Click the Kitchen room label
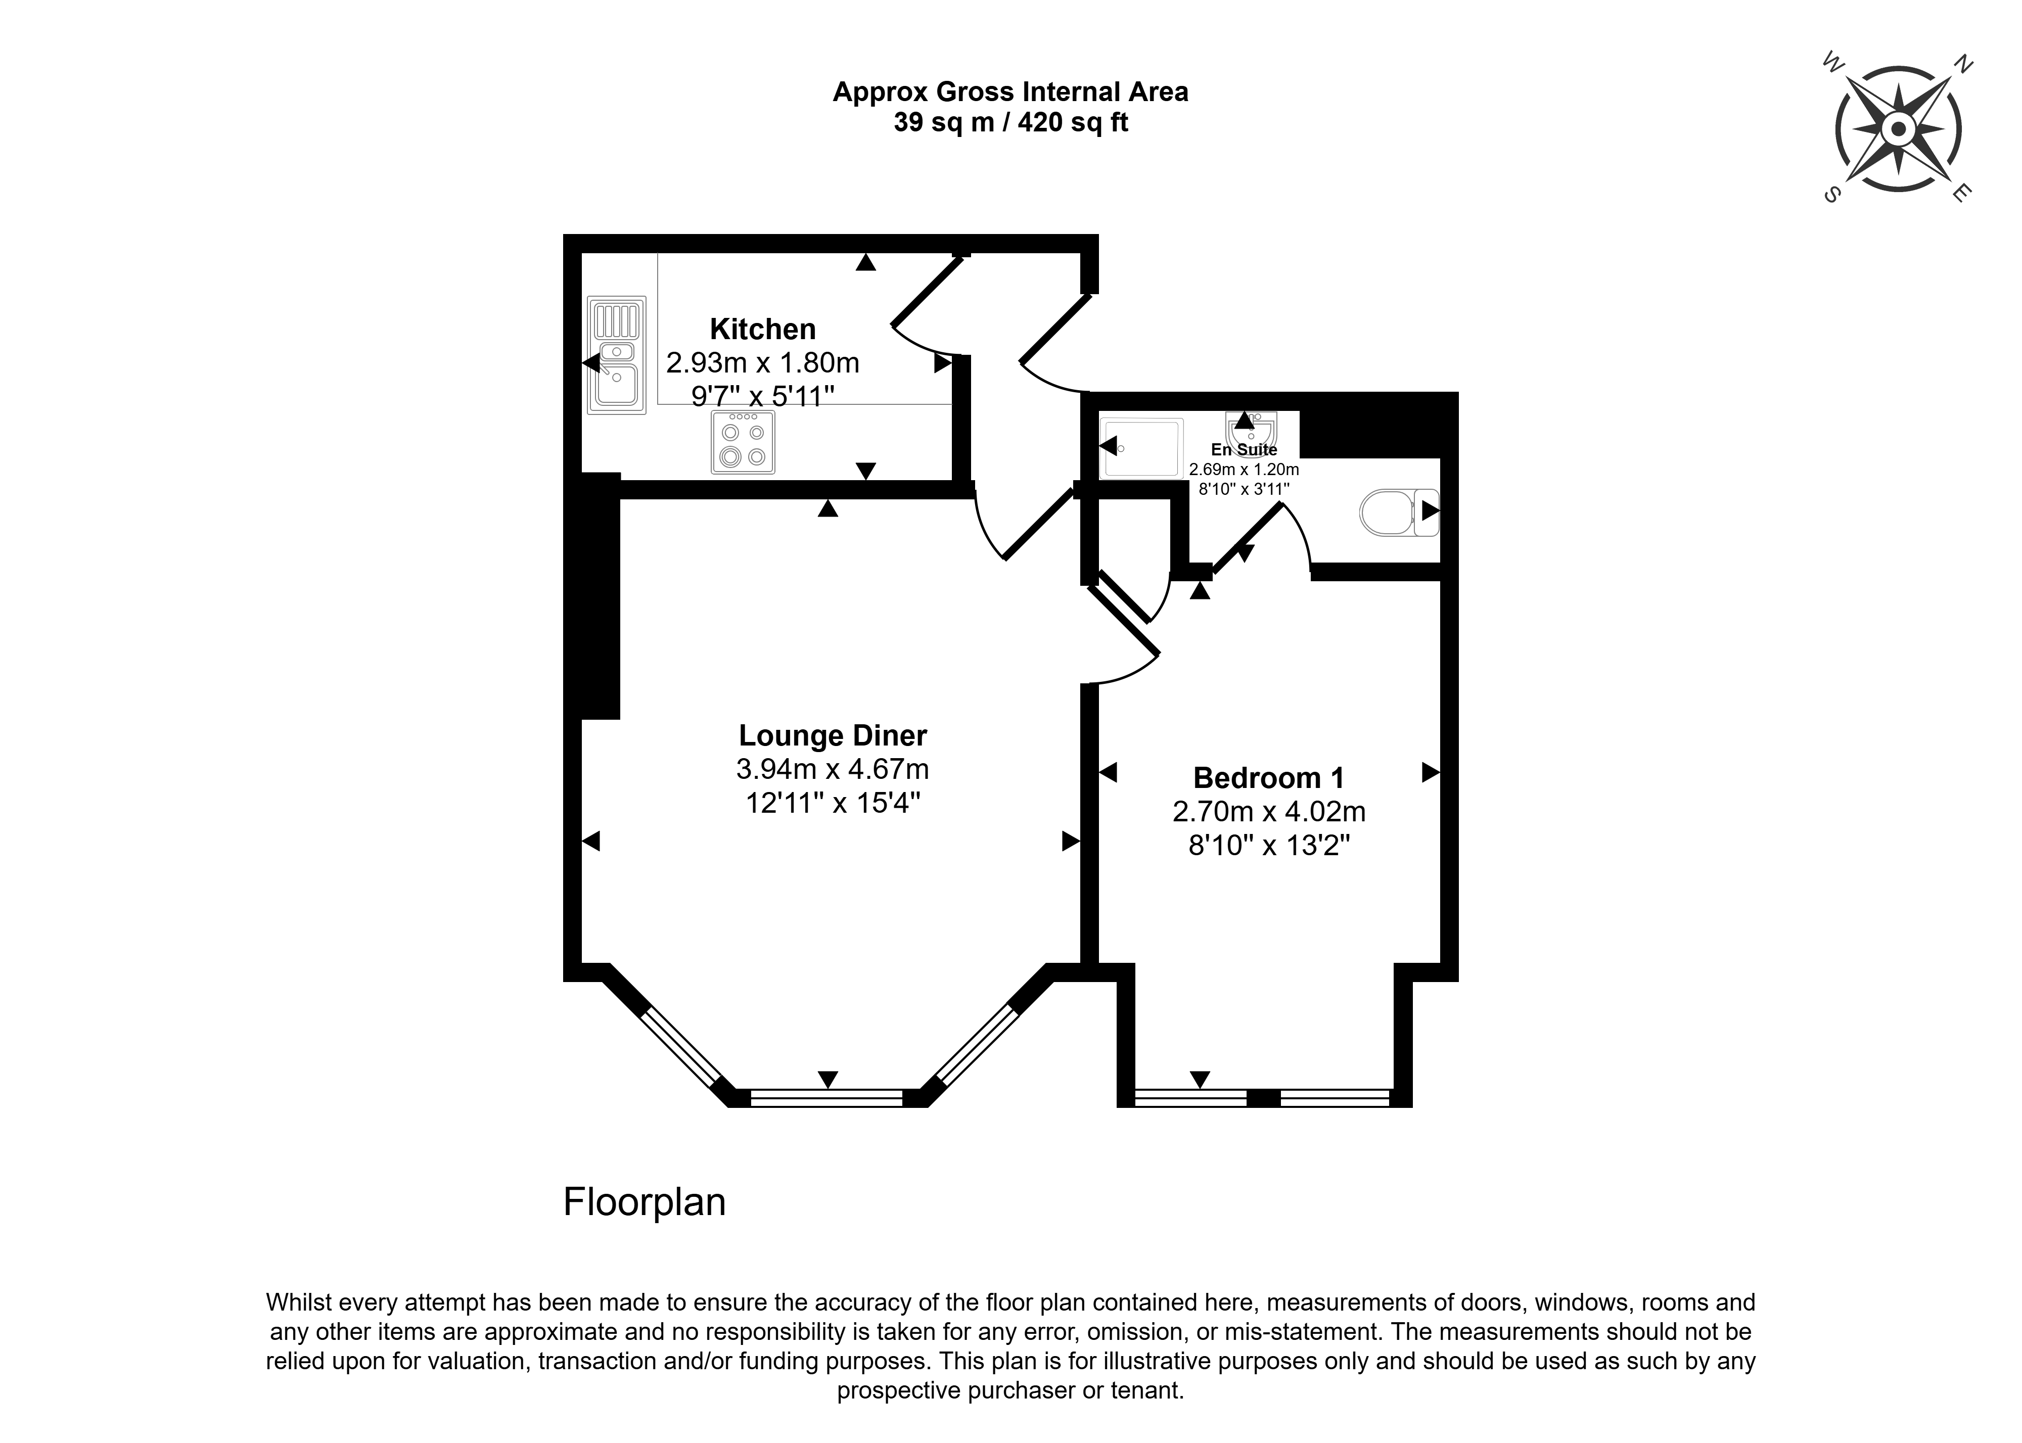tap(762, 330)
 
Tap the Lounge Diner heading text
tap(833, 736)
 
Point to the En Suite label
tap(1244, 450)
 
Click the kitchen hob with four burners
tap(743, 442)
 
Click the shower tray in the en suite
tap(1141, 447)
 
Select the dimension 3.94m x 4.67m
tap(833, 769)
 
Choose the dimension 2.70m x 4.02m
tap(1269, 811)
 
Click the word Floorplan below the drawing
tap(644, 1202)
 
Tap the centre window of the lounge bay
tap(827, 1098)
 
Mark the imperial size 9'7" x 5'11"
tap(762, 395)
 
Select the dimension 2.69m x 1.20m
tap(1244, 469)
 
